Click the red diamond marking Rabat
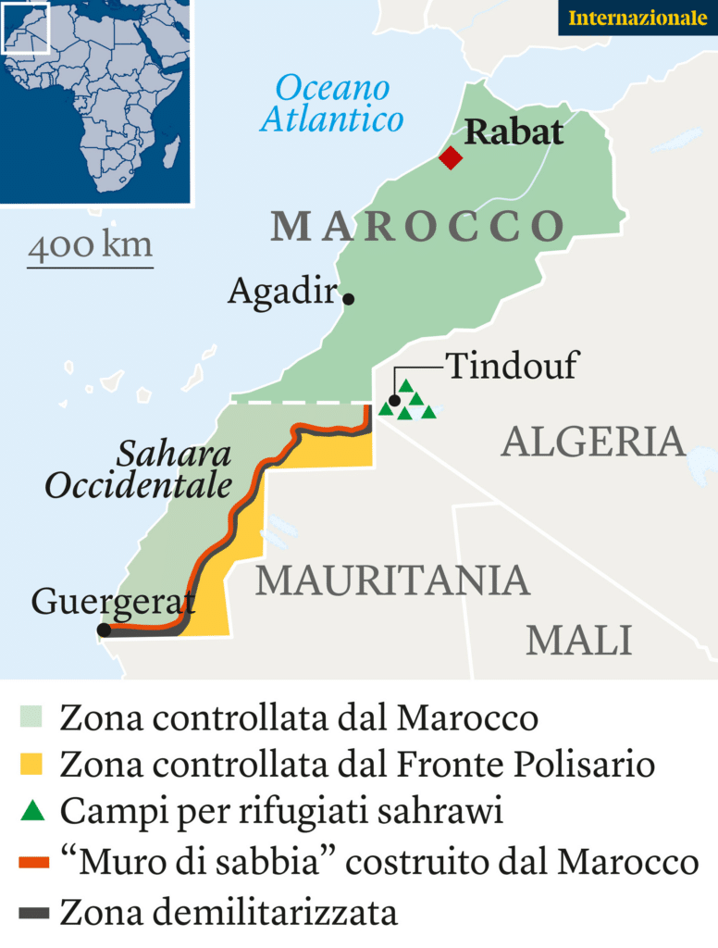(451, 157)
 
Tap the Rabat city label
(514, 132)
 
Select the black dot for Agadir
(349, 298)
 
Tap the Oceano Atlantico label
(332, 104)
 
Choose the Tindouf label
(512, 366)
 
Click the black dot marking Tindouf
(395, 401)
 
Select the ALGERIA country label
(593, 443)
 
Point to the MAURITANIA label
(392, 580)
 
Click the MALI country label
(578, 641)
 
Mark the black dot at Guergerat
(105, 630)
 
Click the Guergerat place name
(113, 602)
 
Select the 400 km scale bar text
(90, 247)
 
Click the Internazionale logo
(638, 18)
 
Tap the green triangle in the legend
(32, 812)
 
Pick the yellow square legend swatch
(32, 765)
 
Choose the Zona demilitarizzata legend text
(229, 913)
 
